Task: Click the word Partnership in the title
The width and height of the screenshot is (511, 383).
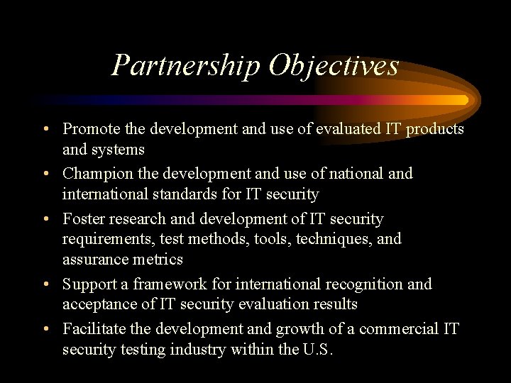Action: pos(186,66)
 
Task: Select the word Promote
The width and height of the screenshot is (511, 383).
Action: pos(88,129)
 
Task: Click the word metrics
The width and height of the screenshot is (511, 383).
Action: pos(158,259)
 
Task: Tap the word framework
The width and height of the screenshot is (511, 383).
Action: pos(145,284)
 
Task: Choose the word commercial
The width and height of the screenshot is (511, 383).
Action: pos(398,329)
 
